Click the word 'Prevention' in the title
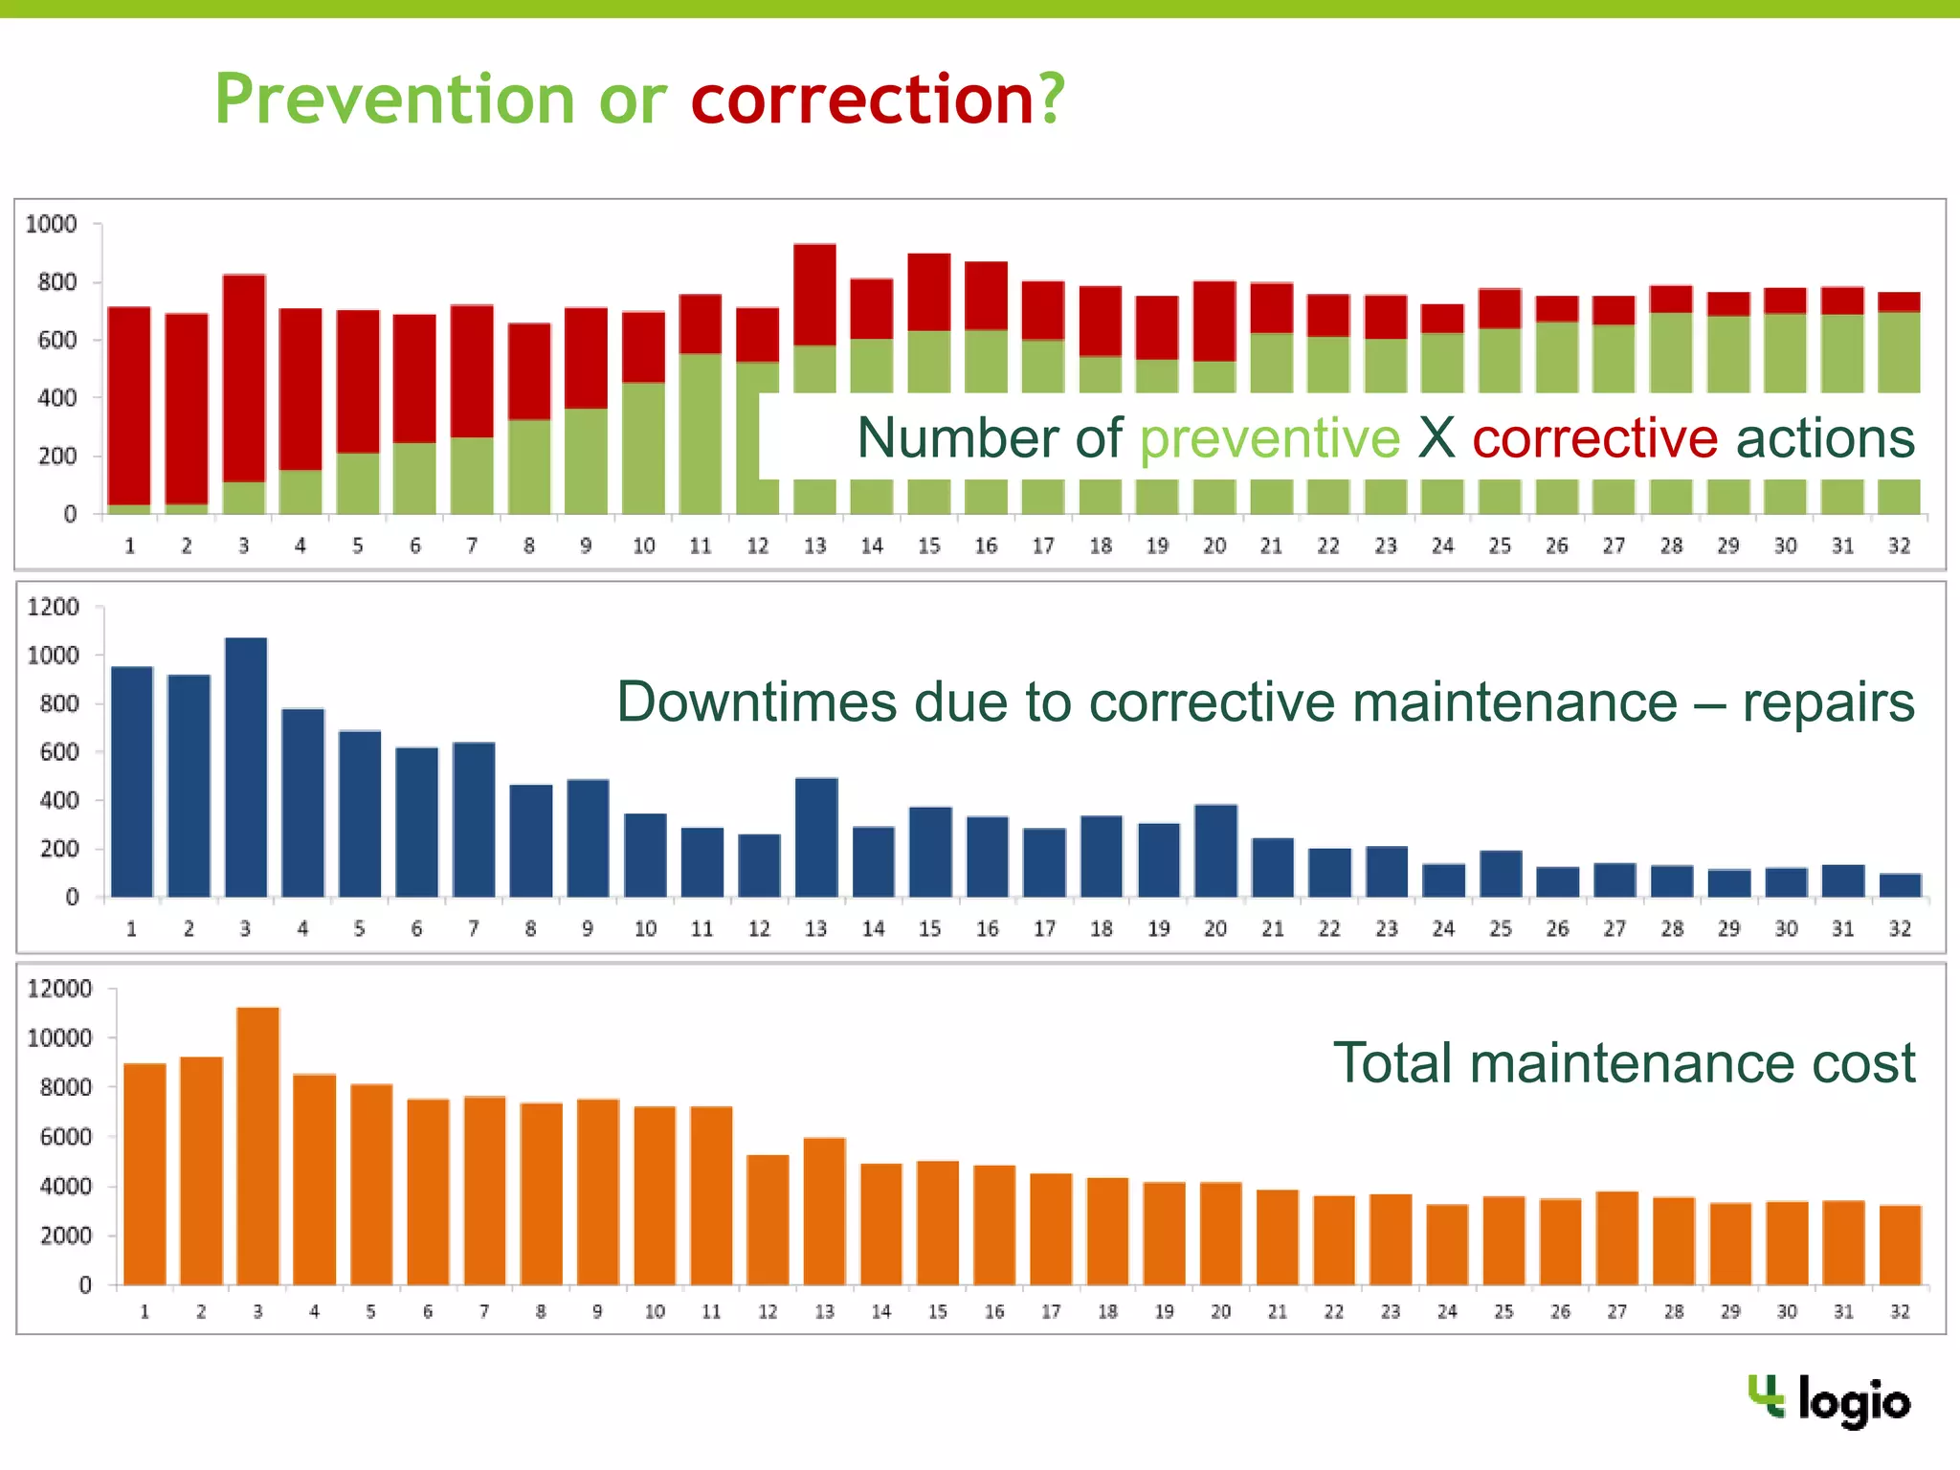(394, 100)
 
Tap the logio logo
(1829, 1401)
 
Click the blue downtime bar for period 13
(816, 837)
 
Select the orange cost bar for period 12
(768, 1219)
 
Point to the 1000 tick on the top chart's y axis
(51, 225)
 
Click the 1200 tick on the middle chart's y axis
(54, 607)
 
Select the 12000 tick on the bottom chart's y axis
(59, 989)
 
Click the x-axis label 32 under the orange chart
(1900, 1311)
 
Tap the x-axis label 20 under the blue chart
(1215, 928)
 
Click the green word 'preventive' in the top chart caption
(1269, 438)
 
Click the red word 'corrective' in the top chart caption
(1594, 438)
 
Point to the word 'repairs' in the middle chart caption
(1827, 702)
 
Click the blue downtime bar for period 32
(1900, 885)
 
